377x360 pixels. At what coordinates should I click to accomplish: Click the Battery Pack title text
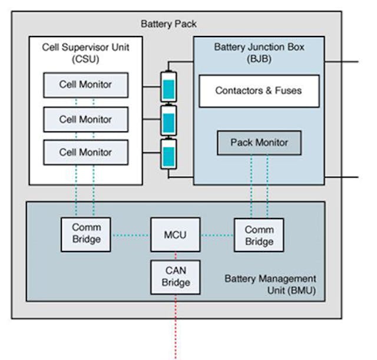click(168, 24)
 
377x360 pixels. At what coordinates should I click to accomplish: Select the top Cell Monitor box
click(85, 85)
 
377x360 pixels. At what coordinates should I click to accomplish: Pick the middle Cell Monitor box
click(85, 120)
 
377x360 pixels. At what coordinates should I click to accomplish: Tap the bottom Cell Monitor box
click(85, 153)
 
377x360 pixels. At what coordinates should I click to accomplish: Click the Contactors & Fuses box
click(259, 91)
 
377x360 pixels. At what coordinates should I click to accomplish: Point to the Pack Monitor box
click(259, 143)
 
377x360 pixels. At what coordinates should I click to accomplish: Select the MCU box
click(175, 235)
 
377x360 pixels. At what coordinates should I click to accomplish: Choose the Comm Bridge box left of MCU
click(86, 235)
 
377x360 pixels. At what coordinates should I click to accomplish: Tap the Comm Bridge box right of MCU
click(259, 235)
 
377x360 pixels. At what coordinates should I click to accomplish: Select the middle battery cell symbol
click(169, 122)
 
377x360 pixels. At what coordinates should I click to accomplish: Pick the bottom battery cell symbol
click(169, 156)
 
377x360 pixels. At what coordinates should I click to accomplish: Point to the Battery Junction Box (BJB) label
click(259, 52)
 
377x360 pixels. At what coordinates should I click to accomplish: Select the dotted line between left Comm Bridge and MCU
click(130, 236)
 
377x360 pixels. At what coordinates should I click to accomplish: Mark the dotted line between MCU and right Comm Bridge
click(217, 236)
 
